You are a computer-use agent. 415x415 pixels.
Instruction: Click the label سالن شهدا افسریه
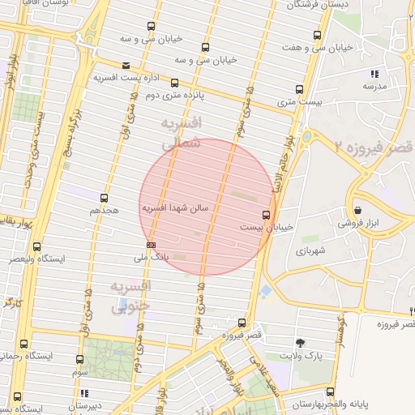point(176,208)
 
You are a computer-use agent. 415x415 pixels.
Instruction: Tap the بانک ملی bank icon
point(151,244)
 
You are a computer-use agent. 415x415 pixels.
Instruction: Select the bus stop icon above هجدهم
point(104,198)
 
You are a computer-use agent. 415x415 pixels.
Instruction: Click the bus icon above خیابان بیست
point(266,215)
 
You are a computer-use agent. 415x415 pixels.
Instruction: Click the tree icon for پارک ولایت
point(301,343)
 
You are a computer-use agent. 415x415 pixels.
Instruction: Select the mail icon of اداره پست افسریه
point(125,66)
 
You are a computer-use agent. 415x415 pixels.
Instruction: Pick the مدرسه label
point(374,85)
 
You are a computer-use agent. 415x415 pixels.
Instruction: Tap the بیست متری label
point(299,102)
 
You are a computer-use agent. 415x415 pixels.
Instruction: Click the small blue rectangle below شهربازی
point(267,289)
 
